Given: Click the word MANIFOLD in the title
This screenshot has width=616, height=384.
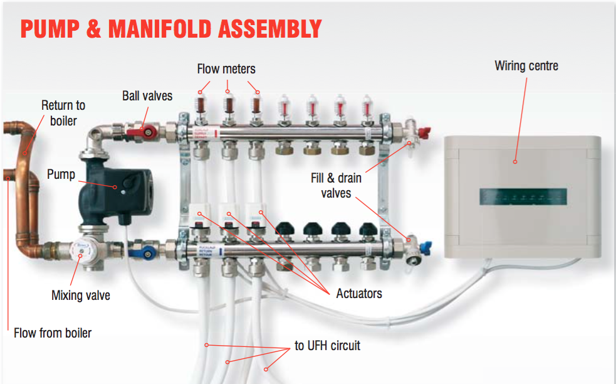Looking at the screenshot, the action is (160, 29).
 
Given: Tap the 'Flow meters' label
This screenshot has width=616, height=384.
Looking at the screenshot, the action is (226, 69).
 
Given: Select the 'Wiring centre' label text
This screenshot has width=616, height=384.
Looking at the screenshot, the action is (526, 66).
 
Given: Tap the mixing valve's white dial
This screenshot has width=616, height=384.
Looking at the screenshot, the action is (81, 250).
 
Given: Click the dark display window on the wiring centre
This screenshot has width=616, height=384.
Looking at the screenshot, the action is (523, 197).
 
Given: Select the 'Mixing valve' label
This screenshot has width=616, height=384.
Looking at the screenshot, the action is (81, 296).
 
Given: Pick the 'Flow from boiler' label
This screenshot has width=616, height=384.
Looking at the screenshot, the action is (53, 333).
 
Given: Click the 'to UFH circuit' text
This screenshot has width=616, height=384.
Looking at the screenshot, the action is (327, 346).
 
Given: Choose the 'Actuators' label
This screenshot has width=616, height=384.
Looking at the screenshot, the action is (359, 294).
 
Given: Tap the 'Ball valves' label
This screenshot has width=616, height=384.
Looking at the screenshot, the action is (147, 96).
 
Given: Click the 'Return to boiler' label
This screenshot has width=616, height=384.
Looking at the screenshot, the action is (63, 113).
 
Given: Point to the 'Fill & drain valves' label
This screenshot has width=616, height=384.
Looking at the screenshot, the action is (337, 185).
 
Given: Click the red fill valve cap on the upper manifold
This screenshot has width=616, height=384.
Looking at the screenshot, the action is (425, 132).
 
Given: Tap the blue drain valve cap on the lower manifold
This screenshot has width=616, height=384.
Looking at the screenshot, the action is (425, 248).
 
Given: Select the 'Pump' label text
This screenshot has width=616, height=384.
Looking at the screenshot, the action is (61, 174).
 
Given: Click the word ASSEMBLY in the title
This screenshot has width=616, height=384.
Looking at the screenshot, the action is (270, 29).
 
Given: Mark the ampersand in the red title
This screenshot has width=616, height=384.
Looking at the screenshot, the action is (93, 29).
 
